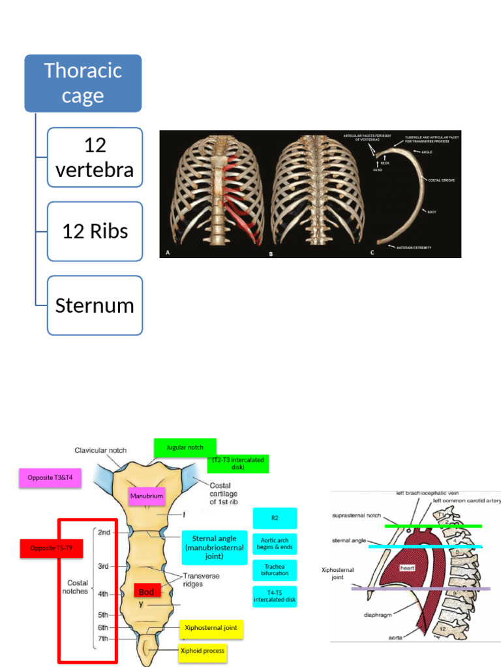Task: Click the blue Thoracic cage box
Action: click(83, 83)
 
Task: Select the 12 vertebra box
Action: click(95, 157)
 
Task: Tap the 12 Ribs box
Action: click(95, 231)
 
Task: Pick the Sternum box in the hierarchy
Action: click(95, 305)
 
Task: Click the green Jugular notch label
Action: click(185, 447)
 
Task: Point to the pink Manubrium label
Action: click(146, 496)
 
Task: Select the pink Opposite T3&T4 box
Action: click(55, 478)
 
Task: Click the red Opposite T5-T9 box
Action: click(55, 549)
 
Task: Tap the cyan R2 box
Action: click(275, 518)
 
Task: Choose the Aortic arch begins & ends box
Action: click(275, 543)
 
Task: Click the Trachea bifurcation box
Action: click(275, 570)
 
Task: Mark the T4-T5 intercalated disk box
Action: click(275, 596)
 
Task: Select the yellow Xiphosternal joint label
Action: click(211, 629)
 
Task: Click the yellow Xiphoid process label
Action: click(203, 651)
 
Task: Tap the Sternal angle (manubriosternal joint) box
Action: click(215, 547)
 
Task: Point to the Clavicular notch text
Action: click(100, 450)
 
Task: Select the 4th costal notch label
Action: click(103, 594)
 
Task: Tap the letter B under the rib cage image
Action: click(271, 254)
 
